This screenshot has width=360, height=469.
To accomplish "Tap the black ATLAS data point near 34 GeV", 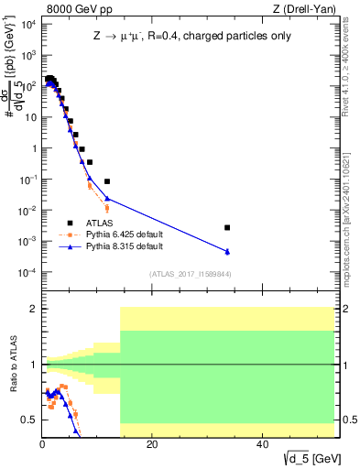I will coord(227,227).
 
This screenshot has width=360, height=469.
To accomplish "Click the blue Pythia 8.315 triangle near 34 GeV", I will coord(227,252).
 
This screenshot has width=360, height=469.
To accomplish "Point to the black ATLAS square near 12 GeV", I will coord(107,181).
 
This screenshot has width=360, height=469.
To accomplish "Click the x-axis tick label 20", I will coord(152,444).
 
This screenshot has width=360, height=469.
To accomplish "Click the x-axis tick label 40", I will coord(261,444).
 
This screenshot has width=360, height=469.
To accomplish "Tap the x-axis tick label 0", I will coord(42,444).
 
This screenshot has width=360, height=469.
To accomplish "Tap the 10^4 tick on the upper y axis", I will coord(29,24).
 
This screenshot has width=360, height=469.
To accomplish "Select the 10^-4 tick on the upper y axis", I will coord(28,273).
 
